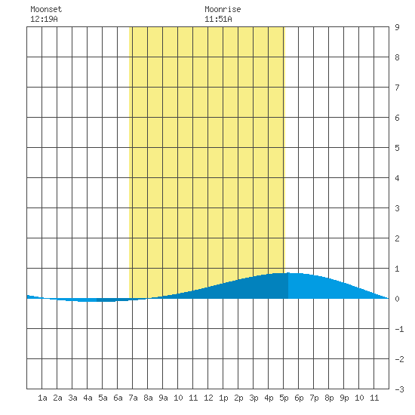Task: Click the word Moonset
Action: pyautogui.click(x=46, y=9)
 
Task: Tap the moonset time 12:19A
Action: pyautogui.click(x=44, y=19)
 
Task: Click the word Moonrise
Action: pyautogui.click(x=223, y=9)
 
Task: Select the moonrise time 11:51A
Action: pyautogui.click(x=218, y=19)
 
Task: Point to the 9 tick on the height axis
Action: pyautogui.click(x=397, y=27)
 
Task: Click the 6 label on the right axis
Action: pyautogui.click(x=397, y=118)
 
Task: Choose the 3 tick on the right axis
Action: pyautogui.click(x=397, y=208)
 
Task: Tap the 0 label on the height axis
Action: pyautogui.click(x=397, y=299)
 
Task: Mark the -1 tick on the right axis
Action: pyautogui.click(x=399, y=329)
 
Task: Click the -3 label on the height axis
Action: pyautogui.click(x=399, y=389)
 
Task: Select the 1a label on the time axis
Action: pyautogui.click(x=42, y=398)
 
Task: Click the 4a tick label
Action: pyautogui.click(x=88, y=398)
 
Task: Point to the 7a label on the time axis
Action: pyautogui.click(x=133, y=398)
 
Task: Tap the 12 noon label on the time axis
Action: pyautogui.click(x=208, y=398)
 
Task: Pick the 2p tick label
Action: pyautogui.click(x=238, y=398)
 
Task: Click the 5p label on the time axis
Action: pyautogui.click(x=284, y=398)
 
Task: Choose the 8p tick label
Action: pyautogui.click(x=329, y=398)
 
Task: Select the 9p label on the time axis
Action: pyautogui.click(x=344, y=398)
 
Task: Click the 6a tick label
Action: pyautogui.click(x=118, y=398)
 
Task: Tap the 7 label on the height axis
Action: pyautogui.click(x=397, y=88)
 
